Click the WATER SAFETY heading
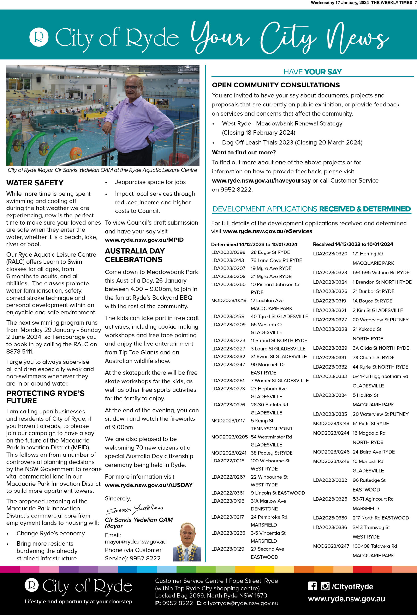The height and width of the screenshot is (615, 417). point(35,183)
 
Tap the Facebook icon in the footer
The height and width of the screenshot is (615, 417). point(312,586)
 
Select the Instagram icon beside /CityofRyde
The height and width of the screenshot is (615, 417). point(325,586)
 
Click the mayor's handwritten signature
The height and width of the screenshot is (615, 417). point(135,509)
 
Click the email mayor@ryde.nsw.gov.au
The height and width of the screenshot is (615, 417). point(136,542)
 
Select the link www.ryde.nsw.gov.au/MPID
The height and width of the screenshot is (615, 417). point(144,240)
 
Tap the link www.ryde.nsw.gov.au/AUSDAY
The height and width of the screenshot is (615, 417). point(149,485)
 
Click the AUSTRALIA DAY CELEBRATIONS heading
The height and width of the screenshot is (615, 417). point(135,255)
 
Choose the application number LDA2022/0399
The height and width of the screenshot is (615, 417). point(228,252)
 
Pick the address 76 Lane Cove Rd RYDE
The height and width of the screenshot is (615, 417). point(276,260)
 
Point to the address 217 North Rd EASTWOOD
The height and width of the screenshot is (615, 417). point(381,518)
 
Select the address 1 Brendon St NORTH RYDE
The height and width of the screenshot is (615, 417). point(382,282)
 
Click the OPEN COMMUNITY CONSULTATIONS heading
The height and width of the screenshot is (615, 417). point(276,85)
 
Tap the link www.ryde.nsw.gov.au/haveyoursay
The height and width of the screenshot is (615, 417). point(261,180)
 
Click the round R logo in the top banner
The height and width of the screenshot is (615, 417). point(39,37)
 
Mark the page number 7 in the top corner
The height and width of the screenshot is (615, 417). point(415,3)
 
